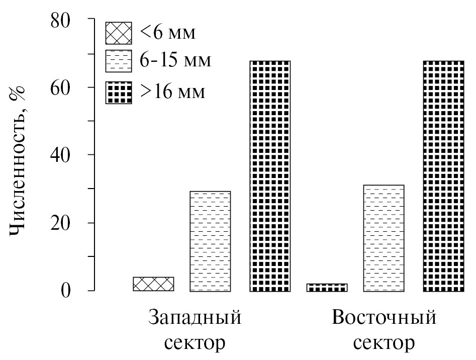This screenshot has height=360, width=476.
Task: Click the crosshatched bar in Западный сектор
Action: pyautogui.click(x=153, y=284)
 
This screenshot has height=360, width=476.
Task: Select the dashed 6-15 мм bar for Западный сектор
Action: pyautogui.click(x=210, y=241)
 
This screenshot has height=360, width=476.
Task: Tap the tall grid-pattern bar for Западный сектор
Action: pyautogui.click(x=270, y=176)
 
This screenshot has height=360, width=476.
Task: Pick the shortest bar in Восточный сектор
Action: pyautogui.click(x=327, y=288)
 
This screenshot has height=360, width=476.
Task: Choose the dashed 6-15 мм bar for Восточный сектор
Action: pyautogui.click(x=384, y=238)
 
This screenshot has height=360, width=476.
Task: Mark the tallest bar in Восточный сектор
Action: pyautogui.click(x=443, y=176)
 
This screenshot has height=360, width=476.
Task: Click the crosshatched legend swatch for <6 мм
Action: pyautogui.click(x=118, y=34)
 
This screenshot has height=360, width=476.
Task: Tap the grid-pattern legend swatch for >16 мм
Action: pyautogui.click(x=118, y=93)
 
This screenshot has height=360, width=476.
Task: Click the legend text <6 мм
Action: pyautogui.click(x=167, y=33)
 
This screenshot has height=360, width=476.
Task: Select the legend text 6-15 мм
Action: pyautogui.click(x=175, y=62)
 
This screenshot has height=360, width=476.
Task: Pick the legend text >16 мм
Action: pyautogui.click(x=172, y=93)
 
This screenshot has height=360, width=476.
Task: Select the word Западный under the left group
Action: pyautogui.click(x=195, y=319)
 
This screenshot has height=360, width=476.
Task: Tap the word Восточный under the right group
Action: pyautogui.click(x=384, y=319)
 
